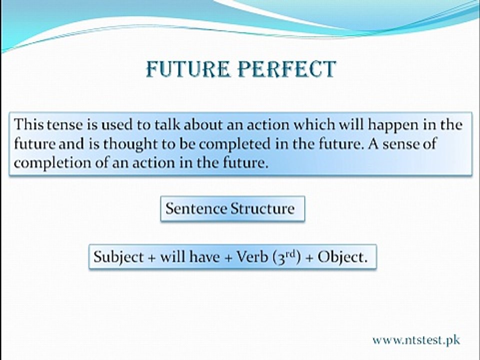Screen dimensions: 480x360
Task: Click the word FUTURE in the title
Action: [x=188, y=69]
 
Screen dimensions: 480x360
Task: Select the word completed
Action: [x=235, y=144]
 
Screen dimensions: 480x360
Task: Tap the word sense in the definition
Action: [x=400, y=144]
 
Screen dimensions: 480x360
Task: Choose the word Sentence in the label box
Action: [x=196, y=209]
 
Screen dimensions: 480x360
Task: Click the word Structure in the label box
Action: [x=262, y=209]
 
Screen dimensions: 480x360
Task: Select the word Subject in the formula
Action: [x=118, y=257]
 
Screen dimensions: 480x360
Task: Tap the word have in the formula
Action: [x=204, y=256]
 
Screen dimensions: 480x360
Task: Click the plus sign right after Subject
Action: [x=151, y=258]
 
